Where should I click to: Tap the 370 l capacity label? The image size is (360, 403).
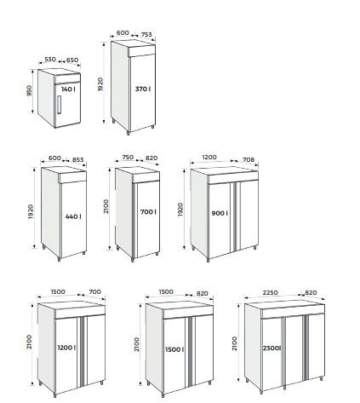click(142, 89)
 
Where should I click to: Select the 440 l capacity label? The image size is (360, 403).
click(71, 217)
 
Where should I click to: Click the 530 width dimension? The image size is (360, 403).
click(50, 60)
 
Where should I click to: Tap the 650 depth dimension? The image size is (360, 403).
click(71, 60)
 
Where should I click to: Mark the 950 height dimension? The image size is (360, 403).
click(30, 90)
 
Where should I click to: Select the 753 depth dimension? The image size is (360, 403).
click(146, 33)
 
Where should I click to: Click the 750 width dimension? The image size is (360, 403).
click(129, 158)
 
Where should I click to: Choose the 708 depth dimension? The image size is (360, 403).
click(248, 158)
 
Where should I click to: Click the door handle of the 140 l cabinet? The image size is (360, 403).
click(60, 108)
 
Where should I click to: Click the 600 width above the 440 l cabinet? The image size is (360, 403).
click(55, 158)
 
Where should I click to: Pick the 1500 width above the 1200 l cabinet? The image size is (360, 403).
click(60, 291)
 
